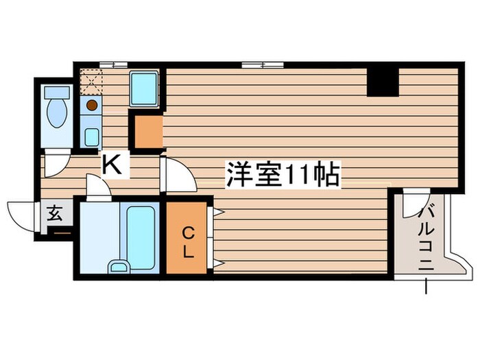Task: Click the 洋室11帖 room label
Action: point(281,176)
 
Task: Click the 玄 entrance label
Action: point(54,214)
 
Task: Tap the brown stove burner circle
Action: point(91,106)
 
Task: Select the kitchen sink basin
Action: point(91,136)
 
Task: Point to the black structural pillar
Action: point(383,82)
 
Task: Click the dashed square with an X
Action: point(91,81)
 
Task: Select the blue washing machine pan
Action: point(145,87)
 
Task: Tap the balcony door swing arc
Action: point(413,204)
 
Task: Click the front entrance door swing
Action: point(22,216)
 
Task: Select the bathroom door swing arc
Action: point(98,187)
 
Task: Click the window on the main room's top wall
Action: point(263,65)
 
